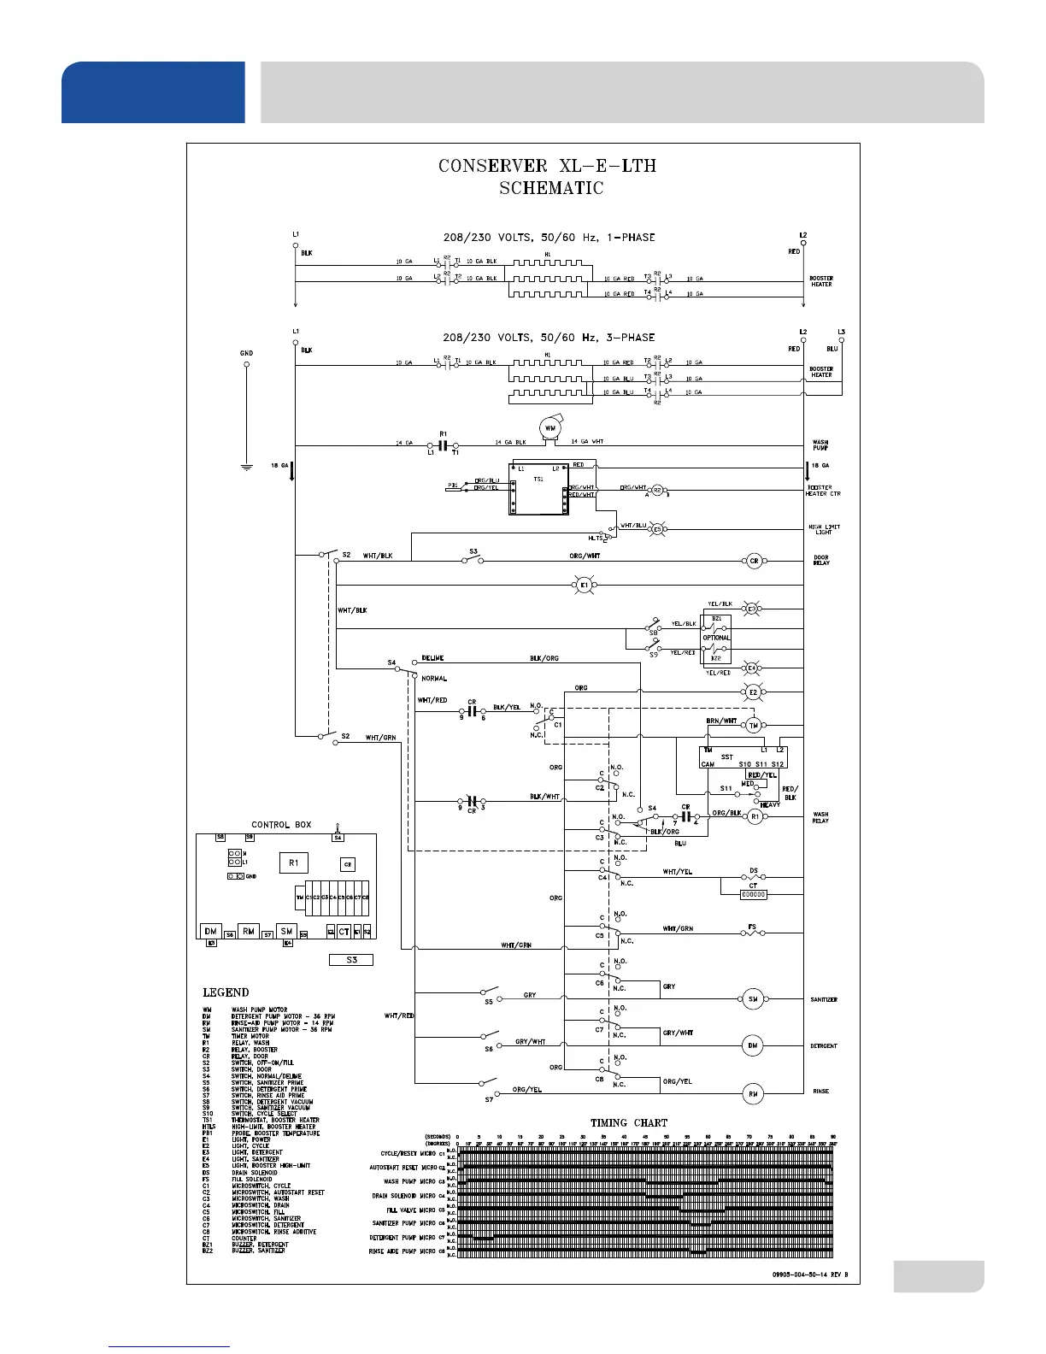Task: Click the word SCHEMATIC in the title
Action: (x=551, y=188)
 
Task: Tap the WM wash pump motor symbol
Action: (x=550, y=428)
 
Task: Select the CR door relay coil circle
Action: (x=754, y=562)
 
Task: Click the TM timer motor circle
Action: (x=753, y=726)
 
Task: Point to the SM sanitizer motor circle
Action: (x=753, y=999)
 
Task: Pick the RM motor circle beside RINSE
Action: (x=753, y=1093)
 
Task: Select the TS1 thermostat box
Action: (x=538, y=489)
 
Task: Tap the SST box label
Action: (x=727, y=756)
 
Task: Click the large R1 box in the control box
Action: (x=293, y=863)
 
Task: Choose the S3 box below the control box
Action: (x=352, y=960)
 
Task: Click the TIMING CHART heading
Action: (x=629, y=1122)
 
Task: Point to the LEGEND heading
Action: (x=226, y=992)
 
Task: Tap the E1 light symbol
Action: (x=584, y=586)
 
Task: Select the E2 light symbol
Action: (x=753, y=692)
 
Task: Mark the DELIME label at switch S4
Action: (x=433, y=659)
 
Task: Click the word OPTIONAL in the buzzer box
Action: (x=716, y=638)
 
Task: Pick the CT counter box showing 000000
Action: (x=753, y=894)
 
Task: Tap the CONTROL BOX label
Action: (x=281, y=825)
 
